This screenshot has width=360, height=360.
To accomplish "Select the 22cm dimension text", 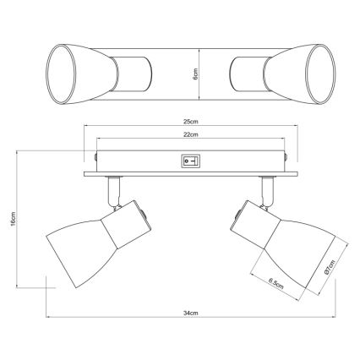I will pos(192,134).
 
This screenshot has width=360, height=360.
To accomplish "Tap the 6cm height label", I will pos(194,74).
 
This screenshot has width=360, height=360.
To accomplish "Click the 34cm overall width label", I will pos(192,312).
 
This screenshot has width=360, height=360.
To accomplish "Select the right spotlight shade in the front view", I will pos(292,241).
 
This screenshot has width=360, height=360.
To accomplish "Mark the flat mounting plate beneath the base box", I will pos(192,173).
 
